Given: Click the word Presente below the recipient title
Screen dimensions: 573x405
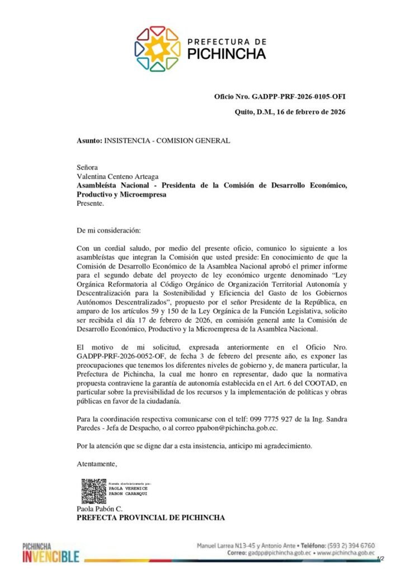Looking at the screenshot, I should [x=90, y=204].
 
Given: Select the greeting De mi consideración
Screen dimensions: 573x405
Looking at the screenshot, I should [x=109, y=231].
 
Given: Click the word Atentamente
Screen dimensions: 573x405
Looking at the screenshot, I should [x=96, y=464].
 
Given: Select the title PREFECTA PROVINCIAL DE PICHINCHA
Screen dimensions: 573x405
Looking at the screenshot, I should [x=150, y=518].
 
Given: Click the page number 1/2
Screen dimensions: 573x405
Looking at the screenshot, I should [x=381, y=559].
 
